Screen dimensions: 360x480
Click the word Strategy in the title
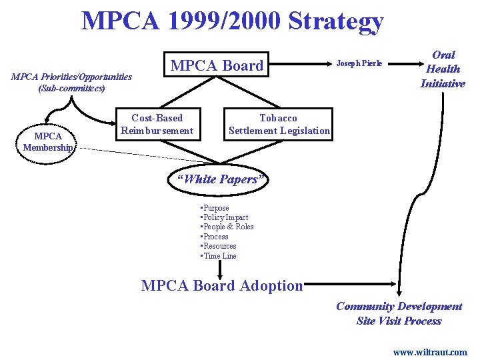(x=336, y=21)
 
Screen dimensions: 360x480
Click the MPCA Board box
(x=217, y=65)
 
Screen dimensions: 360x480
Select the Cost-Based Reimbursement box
(x=157, y=124)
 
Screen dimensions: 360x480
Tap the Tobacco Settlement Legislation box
(x=279, y=124)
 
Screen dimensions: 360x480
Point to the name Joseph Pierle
(x=359, y=63)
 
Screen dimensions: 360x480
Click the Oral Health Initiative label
(x=443, y=69)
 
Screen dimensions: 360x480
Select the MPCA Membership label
(x=46, y=141)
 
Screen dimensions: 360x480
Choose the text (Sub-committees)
(x=71, y=88)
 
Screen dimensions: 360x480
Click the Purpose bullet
(x=215, y=208)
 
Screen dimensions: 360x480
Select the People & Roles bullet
(x=227, y=227)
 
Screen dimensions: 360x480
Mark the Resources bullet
(x=219, y=246)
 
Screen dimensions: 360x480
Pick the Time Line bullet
(x=219, y=256)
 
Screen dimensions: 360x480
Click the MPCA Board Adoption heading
(x=222, y=286)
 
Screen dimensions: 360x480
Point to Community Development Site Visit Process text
(x=399, y=313)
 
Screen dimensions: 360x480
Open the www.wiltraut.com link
(x=430, y=351)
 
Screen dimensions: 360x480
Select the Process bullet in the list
(x=215, y=237)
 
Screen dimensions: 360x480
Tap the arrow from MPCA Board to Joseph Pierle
(x=300, y=65)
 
